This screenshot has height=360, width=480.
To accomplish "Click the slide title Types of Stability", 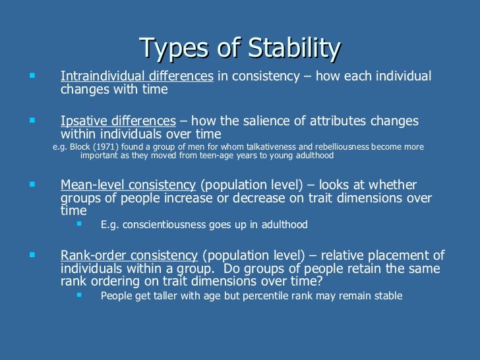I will coord(240,48).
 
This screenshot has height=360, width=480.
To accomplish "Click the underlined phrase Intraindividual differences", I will coord(136,76).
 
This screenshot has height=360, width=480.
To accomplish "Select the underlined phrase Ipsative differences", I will coord(118,121).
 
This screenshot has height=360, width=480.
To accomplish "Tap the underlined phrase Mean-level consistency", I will coord(128,185).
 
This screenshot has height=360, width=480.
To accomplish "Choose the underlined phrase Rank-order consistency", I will coord(129,256).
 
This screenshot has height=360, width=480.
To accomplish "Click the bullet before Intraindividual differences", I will coord(31,76).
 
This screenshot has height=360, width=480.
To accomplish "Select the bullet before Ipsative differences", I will coord(31,121).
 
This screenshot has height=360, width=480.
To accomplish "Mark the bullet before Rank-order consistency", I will coord(31,255).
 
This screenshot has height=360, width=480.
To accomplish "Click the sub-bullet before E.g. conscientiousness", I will coord(80,224).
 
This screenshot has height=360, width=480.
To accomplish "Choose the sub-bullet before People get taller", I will coord(80,295).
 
